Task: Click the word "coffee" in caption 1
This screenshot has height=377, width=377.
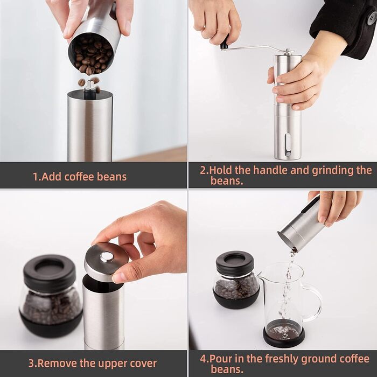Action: (79, 177)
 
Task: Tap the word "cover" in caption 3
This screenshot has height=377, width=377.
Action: (144, 364)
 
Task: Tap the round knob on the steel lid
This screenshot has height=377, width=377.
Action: (108, 257)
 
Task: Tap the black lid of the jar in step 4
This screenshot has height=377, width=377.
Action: (235, 263)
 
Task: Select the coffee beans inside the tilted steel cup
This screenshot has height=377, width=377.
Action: (92, 55)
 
